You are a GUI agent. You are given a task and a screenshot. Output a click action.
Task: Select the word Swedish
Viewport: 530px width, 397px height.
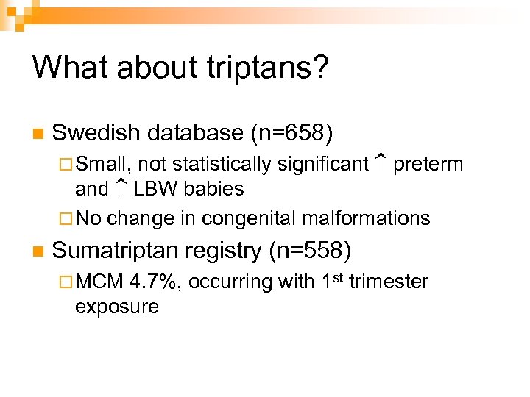96,133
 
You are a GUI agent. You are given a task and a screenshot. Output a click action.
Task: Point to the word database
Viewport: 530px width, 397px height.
196,133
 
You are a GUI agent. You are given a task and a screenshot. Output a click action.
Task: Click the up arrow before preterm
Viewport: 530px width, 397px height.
381,163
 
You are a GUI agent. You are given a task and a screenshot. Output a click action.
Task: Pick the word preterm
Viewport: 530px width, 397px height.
428,164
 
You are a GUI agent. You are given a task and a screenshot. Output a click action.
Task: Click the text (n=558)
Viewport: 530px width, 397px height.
310,251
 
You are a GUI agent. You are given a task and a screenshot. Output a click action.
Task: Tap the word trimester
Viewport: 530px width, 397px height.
389,282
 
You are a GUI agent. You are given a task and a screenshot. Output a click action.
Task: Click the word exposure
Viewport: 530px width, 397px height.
116,307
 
